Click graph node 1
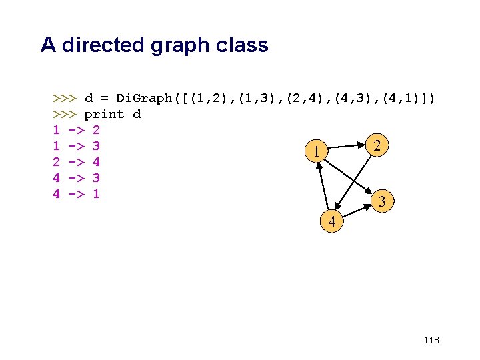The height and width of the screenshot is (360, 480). (315, 153)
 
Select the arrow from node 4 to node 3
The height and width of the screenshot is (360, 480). (357, 211)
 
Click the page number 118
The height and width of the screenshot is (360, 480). (431, 341)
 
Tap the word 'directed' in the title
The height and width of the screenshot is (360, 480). (100, 45)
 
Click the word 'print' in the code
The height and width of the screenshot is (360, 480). (104, 114)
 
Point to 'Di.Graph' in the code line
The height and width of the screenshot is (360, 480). (144, 98)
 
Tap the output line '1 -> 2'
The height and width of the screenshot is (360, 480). (76, 130)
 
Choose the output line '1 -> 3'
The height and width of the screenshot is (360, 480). (76, 146)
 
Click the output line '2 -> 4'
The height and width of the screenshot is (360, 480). (76, 162)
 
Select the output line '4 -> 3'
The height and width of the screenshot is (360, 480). (76, 178)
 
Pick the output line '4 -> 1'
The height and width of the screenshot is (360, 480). (76, 194)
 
